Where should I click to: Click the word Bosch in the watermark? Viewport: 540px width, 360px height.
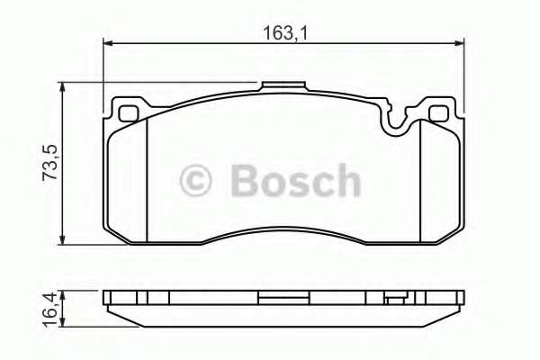(295, 181)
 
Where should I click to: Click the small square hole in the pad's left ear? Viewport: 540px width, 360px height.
(129, 113)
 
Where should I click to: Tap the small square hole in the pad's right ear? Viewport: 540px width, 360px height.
(439, 113)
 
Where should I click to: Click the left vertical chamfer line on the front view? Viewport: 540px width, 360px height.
(147, 180)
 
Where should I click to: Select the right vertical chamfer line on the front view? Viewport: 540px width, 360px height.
(421, 180)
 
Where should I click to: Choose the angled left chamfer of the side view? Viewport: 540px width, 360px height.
(116, 314)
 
